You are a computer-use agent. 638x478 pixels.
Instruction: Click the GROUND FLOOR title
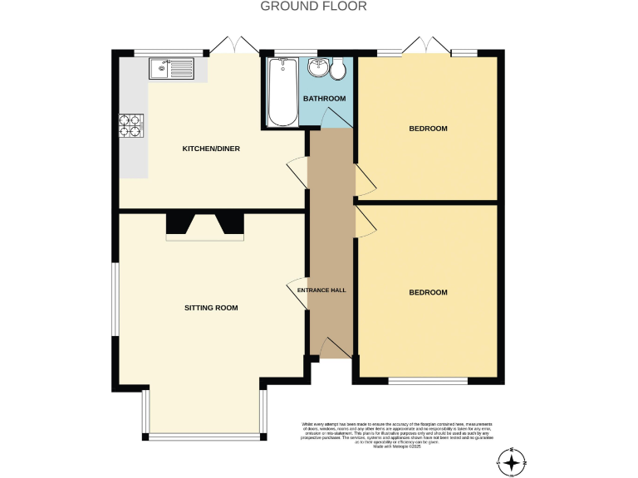coord(313,7)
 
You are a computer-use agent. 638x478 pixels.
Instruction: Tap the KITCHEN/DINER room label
coord(211,149)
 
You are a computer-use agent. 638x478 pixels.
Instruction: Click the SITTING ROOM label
coord(211,308)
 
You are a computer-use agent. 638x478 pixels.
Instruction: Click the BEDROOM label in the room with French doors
coord(428,129)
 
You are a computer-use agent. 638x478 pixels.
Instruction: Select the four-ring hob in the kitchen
coord(130,124)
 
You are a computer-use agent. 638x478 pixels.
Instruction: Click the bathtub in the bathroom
coord(282,91)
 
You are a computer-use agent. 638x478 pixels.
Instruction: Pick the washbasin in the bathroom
coord(318,68)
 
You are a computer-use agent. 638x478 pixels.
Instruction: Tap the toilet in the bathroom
coord(338,70)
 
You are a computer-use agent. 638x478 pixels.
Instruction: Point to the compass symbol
coord(513,461)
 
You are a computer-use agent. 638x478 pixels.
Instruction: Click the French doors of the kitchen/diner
coord(233,46)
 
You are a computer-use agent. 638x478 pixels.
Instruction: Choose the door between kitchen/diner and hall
coord(297,172)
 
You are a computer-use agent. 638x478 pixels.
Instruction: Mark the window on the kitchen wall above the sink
coord(169,51)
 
